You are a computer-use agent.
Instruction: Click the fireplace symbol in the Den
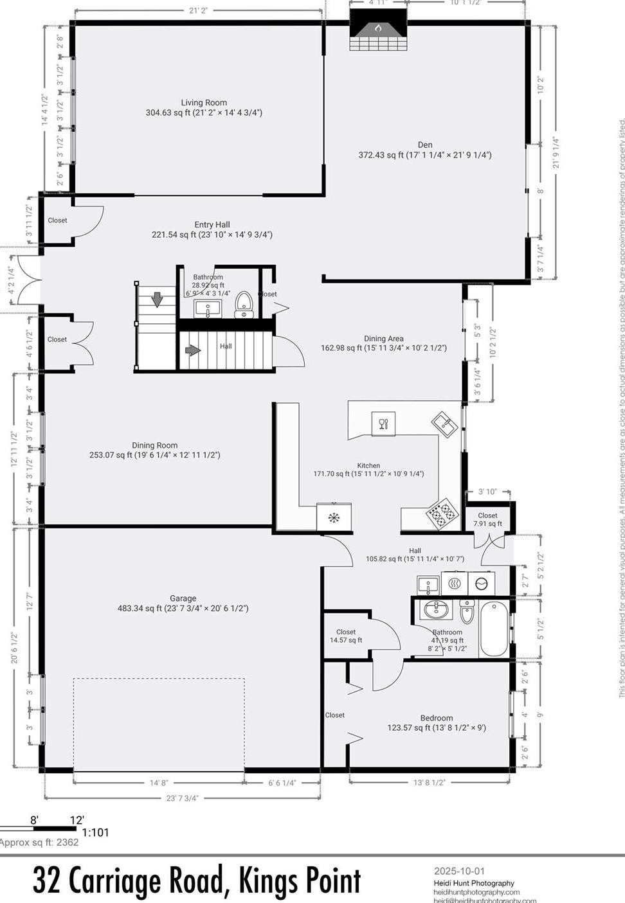tap(378, 28)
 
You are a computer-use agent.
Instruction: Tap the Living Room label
tap(204, 103)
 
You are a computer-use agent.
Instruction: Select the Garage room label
tap(183, 598)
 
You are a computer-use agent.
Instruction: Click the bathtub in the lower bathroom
tap(494, 629)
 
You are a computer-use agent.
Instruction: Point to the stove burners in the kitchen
tap(442, 514)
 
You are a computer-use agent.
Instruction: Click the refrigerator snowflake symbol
tap(334, 517)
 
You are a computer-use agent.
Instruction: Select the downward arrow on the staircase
tap(157, 300)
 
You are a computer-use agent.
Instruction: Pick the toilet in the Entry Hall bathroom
tap(262, 303)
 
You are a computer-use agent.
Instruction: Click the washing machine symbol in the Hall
tap(481, 584)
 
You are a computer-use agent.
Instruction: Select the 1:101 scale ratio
tap(96, 832)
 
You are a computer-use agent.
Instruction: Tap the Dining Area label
tap(384, 339)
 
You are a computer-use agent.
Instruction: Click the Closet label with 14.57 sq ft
tap(346, 632)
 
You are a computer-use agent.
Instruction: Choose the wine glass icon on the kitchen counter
tap(383, 424)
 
